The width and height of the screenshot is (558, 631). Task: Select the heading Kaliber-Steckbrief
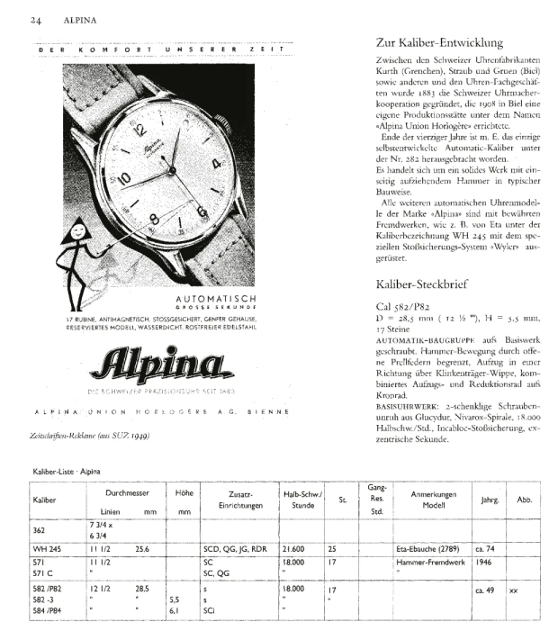tap(419, 284)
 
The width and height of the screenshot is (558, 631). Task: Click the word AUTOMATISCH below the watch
tap(217, 299)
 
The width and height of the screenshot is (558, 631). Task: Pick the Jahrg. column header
tap(490, 499)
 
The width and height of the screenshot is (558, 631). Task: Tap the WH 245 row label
tap(46, 547)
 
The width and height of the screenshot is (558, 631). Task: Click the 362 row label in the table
tap(40, 530)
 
